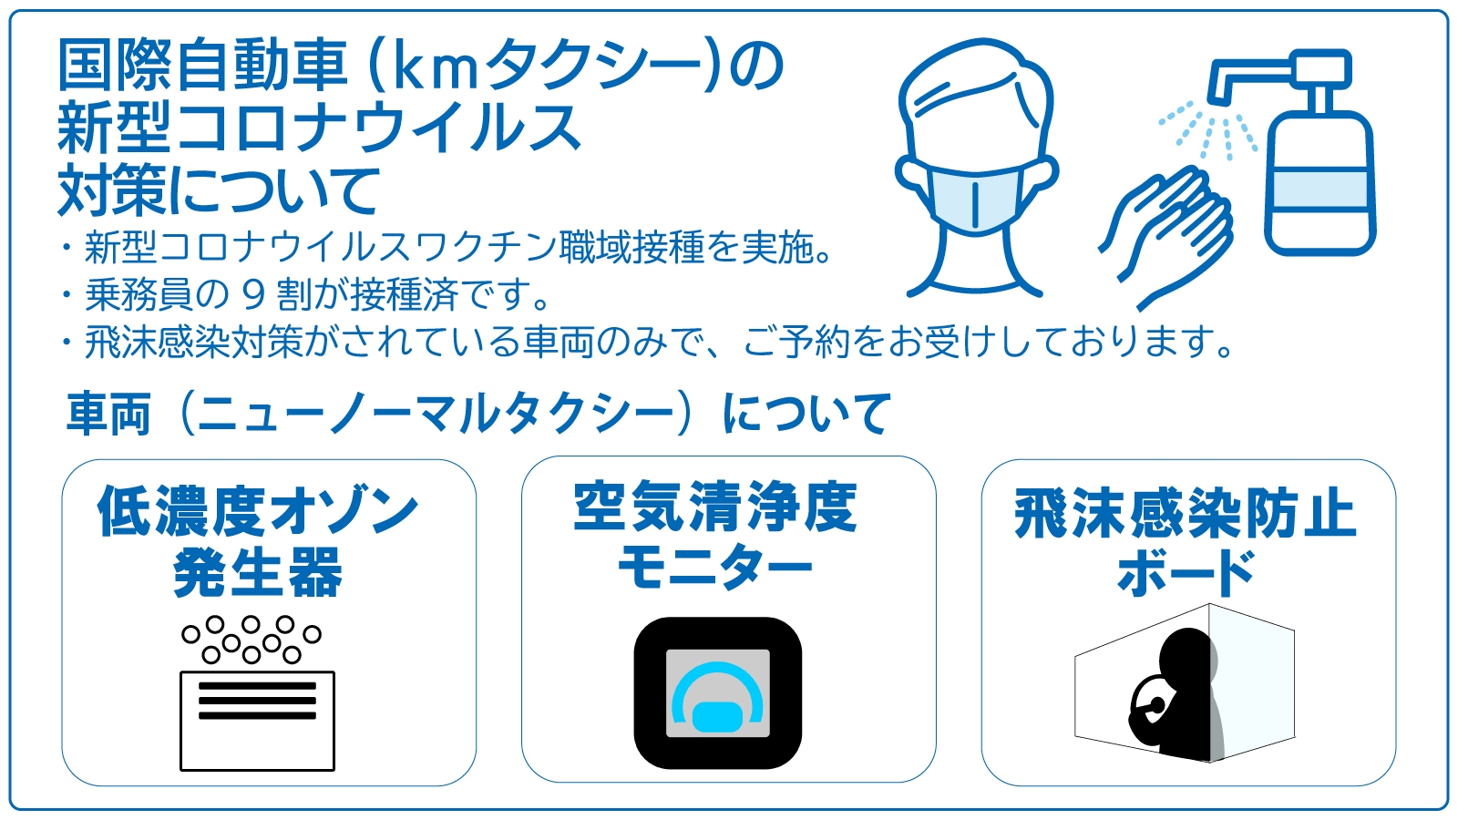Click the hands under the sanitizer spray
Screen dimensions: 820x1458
coord(1171,232)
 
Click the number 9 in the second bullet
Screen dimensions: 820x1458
coord(253,294)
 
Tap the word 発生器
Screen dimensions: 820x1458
coord(258,572)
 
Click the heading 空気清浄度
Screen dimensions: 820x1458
coord(715,507)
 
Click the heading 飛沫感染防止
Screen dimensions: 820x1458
coord(1186,514)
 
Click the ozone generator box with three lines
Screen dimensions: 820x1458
coord(257,720)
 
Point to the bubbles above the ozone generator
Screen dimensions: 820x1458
coord(252,638)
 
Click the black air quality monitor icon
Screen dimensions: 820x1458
coord(717,692)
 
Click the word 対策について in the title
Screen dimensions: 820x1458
coord(219,190)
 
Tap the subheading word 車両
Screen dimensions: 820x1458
coord(108,415)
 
